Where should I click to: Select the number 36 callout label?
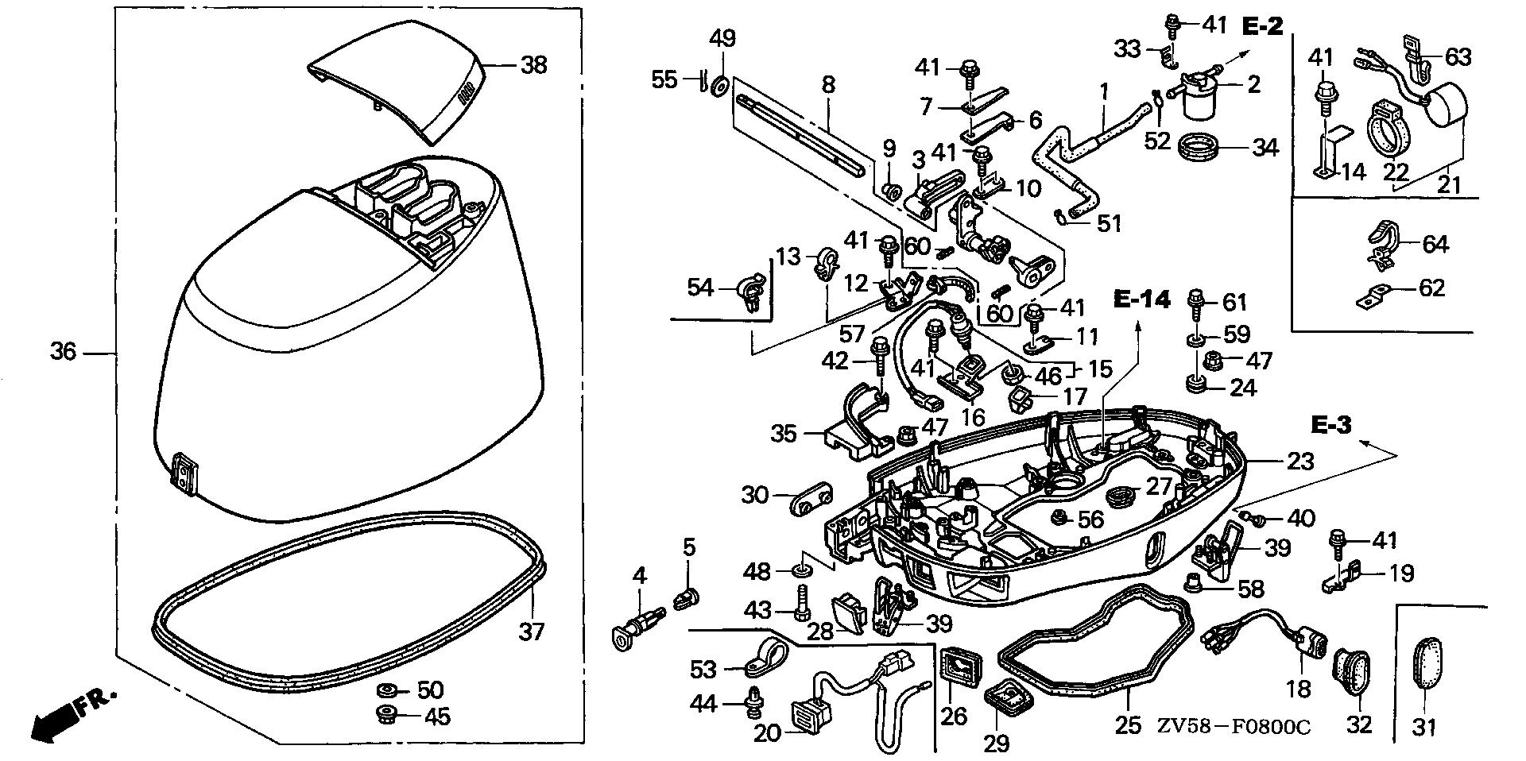coord(64,350)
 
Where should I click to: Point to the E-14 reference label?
coord(1141,299)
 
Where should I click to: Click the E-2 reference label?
coord(1262,26)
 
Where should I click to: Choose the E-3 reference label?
coord(1330,425)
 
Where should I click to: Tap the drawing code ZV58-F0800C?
coord(1233,726)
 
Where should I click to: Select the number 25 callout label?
coord(1129,725)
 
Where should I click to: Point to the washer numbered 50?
coord(389,688)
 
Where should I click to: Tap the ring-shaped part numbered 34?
coord(1203,147)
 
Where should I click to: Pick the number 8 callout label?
coord(828,85)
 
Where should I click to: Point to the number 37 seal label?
coord(532,632)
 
